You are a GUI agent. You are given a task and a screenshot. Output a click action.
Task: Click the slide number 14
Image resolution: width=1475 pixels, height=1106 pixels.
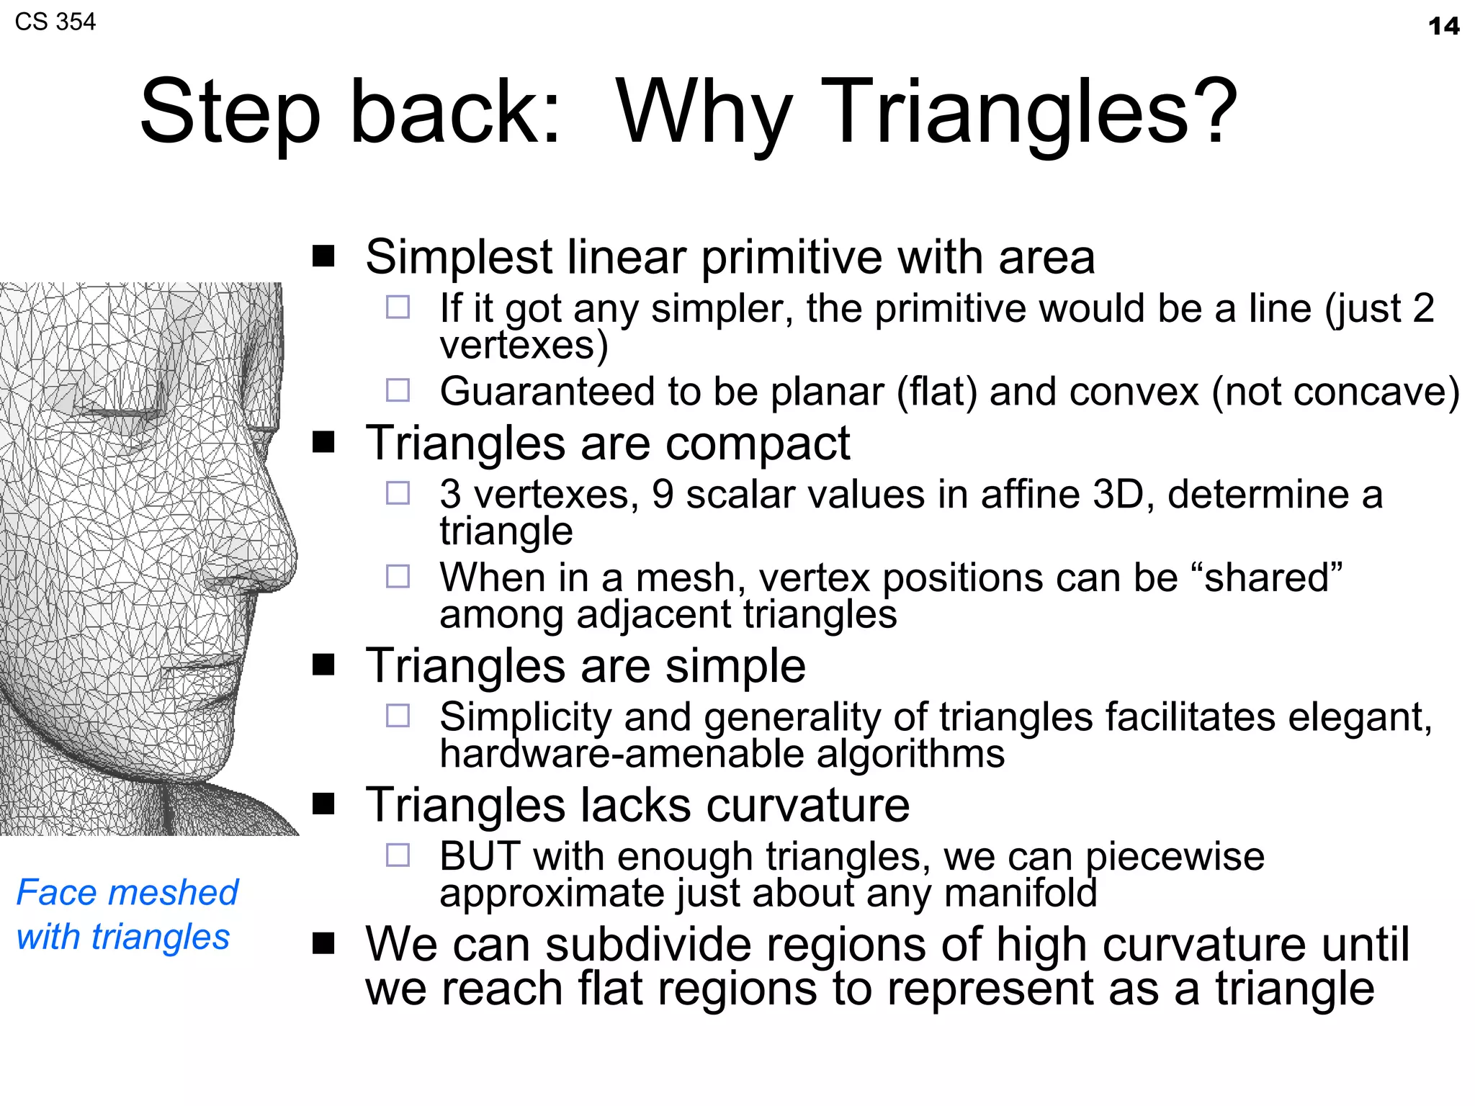(x=1443, y=27)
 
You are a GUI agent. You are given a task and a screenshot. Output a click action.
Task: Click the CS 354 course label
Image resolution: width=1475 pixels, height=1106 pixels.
(x=55, y=22)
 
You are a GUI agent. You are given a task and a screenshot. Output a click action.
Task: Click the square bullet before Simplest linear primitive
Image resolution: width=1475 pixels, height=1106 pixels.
(x=323, y=256)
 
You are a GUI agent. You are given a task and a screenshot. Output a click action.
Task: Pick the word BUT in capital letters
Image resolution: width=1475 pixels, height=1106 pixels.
(x=480, y=856)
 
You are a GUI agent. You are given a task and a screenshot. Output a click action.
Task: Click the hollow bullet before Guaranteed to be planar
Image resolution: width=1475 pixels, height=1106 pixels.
(x=398, y=390)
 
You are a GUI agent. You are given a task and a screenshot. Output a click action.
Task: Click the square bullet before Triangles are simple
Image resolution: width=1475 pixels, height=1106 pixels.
(x=323, y=665)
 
